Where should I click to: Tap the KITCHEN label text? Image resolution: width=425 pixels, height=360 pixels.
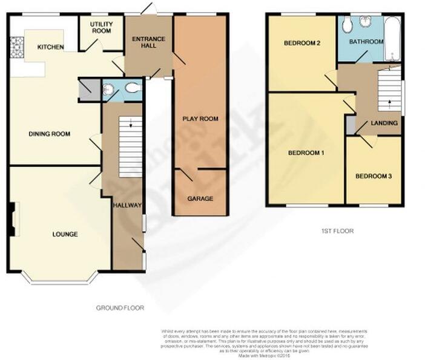(50, 47)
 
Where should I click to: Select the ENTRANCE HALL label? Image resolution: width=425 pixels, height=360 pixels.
(149, 43)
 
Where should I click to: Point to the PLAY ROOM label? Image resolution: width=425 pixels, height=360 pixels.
(200, 119)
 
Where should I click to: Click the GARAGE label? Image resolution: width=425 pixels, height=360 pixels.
(200, 198)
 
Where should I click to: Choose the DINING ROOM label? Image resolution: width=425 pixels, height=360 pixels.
(50, 134)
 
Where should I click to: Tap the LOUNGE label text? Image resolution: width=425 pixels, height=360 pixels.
(65, 234)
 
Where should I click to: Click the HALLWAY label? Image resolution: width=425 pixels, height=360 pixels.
(127, 206)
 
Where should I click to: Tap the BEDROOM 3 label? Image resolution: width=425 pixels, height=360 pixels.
(374, 176)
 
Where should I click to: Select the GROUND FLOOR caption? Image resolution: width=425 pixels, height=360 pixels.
(120, 308)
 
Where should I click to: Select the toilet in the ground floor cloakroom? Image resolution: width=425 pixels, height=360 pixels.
(132, 90)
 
